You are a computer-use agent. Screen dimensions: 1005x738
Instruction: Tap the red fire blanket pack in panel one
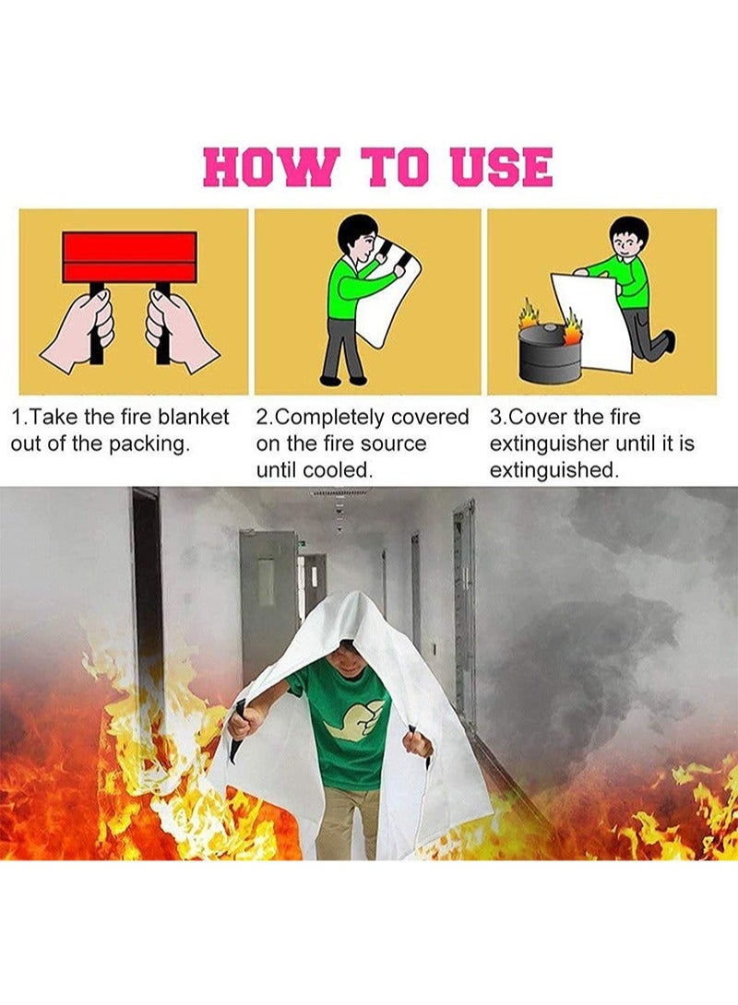[130, 256]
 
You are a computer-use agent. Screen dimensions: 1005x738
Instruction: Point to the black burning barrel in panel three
[550, 353]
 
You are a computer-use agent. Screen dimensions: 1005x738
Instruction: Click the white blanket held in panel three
[592, 318]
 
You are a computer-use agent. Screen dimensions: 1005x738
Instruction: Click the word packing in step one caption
[152, 443]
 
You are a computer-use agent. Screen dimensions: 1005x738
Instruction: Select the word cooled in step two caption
[338, 470]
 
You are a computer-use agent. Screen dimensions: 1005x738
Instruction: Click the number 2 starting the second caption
[262, 418]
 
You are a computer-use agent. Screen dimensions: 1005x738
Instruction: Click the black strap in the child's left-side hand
[238, 728]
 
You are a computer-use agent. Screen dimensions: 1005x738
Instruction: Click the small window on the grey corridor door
[267, 582]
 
